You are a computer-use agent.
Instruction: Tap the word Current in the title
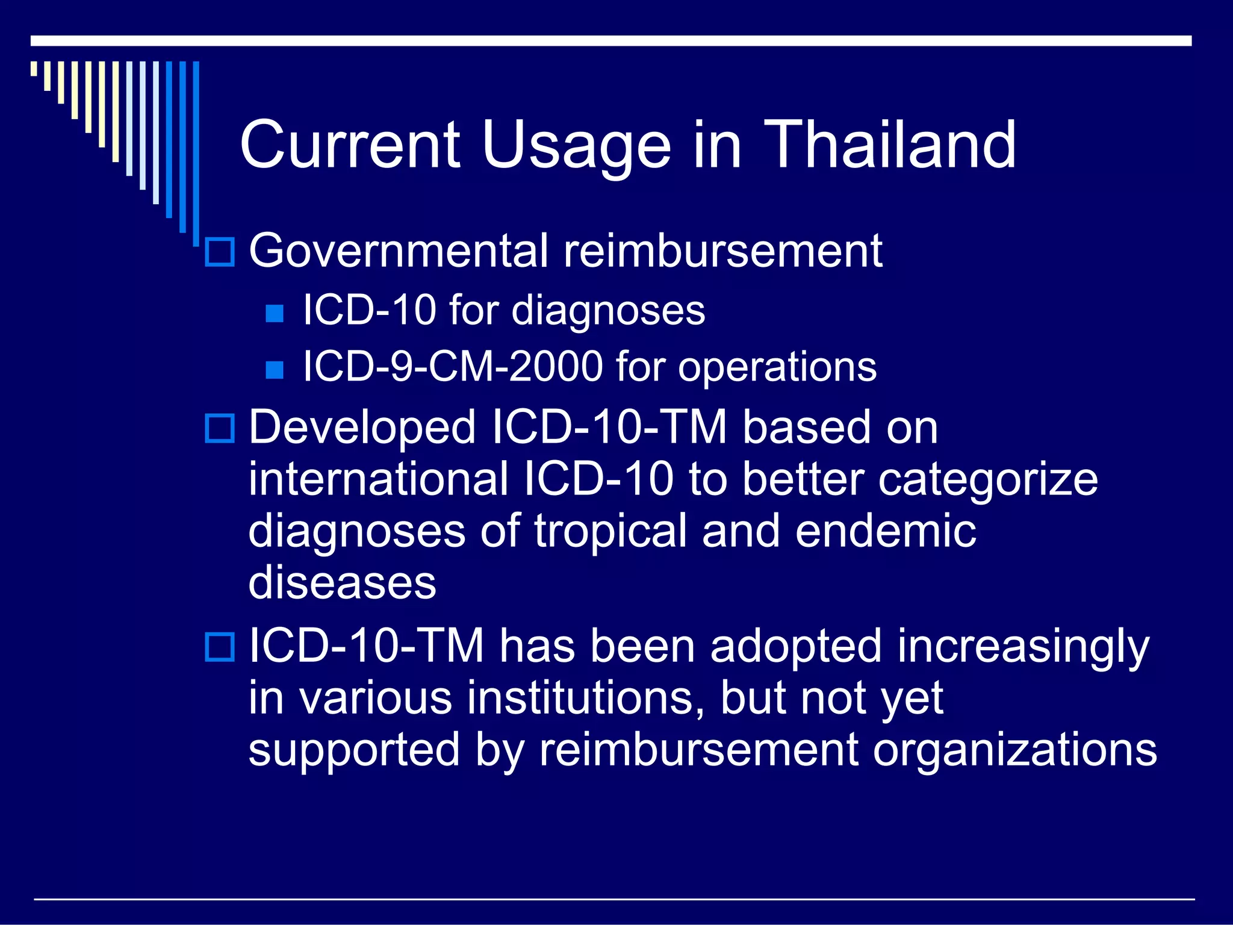point(350,145)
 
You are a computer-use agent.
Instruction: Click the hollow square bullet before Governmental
point(220,252)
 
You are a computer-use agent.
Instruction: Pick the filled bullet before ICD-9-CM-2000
point(275,369)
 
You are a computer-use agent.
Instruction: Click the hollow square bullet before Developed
point(220,429)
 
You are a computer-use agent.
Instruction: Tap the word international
point(379,479)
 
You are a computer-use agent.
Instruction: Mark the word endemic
point(885,531)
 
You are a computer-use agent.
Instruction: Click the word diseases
point(342,583)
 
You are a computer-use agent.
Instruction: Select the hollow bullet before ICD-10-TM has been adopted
point(220,647)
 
